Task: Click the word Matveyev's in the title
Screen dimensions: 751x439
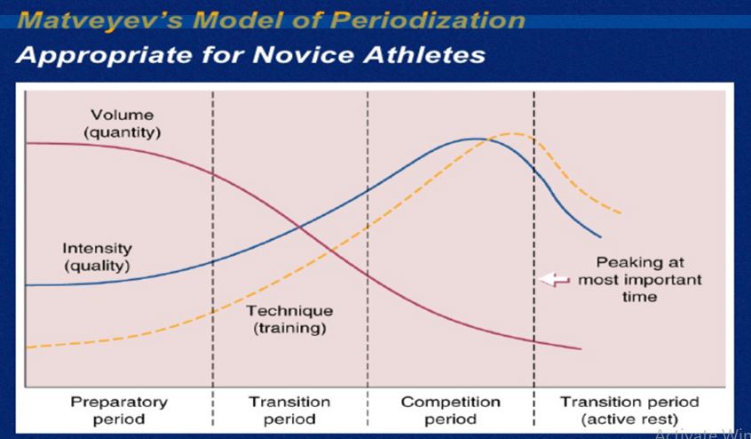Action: (99, 20)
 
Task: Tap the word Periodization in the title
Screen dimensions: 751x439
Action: (427, 20)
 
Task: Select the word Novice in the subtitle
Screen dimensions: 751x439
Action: (304, 54)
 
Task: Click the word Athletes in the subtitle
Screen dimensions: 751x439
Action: (424, 54)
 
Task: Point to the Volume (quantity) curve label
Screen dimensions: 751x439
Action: (123, 124)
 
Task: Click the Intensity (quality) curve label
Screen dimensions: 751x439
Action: (98, 258)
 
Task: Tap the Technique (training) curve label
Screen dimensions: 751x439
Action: (289, 319)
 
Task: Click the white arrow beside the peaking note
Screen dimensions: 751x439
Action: (554, 279)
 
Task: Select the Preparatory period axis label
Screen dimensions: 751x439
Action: (119, 411)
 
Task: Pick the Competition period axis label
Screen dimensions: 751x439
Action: (450, 411)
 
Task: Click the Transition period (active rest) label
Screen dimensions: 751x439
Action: (629, 411)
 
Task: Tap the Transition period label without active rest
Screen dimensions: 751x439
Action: (289, 411)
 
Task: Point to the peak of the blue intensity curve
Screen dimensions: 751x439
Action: (476, 139)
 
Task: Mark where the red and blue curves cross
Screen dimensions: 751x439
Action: (300, 227)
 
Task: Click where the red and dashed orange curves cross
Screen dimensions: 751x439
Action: (331, 249)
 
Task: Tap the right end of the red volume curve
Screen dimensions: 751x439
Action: (581, 349)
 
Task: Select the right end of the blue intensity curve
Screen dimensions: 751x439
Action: (600, 236)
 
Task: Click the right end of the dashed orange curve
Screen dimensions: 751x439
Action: (621, 212)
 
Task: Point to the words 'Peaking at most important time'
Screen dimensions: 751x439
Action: (639, 279)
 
